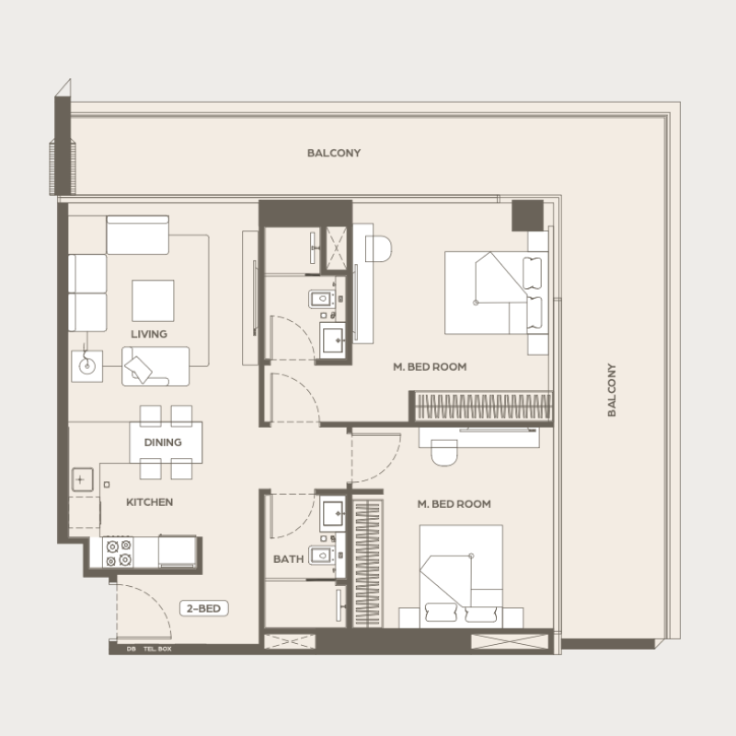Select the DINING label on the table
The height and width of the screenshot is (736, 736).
(x=162, y=443)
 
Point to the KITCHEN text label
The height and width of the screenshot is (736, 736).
(x=149, y=503)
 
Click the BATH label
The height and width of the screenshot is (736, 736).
(x=288, y=558)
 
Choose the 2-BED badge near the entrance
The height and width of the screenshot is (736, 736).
(x=201, y=608)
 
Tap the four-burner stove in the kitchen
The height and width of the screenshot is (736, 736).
(x=120, y=551)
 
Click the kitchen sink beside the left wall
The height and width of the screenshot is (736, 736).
(x=83, y=480)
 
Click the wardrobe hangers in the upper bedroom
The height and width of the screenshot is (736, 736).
(x=483, y=406)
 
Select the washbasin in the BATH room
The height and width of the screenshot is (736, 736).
(x=332, y=513)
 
